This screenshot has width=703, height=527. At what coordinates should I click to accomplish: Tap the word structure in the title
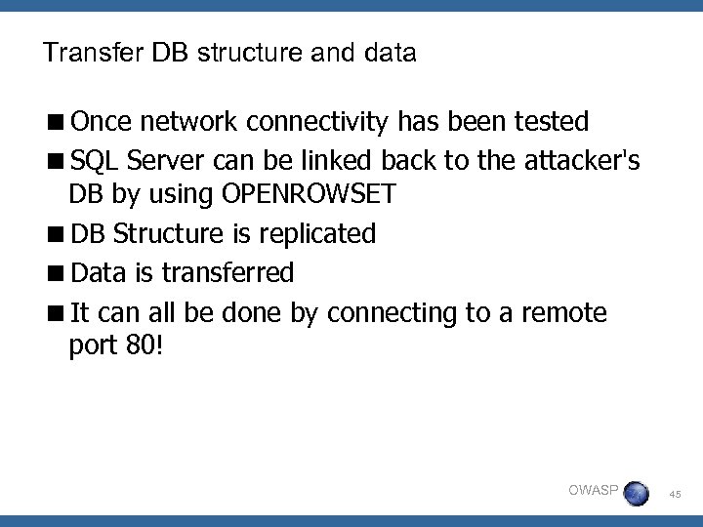[244, 53]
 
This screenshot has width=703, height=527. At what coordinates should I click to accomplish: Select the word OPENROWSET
[310, 193]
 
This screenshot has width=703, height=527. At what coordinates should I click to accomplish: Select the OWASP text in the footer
[592, 489]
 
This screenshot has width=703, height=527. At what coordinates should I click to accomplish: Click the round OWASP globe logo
[636, 492]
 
